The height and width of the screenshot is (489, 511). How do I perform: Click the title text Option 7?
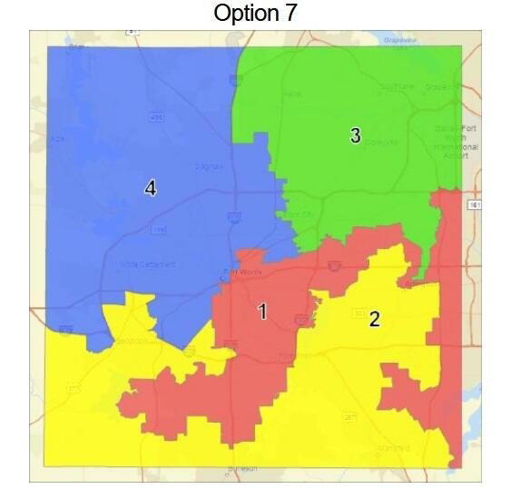tap(255, 15)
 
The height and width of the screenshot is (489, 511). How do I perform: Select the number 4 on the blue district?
tap(151, 188)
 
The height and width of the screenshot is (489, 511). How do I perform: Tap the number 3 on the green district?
tap(355, 135)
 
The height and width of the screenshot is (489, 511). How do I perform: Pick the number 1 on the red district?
tap(262, 312)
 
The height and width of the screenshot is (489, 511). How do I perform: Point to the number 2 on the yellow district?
tap(374, 318)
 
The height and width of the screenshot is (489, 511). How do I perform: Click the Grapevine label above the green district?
tap(400, 40)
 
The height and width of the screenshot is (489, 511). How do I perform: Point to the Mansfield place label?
tap(393, 448)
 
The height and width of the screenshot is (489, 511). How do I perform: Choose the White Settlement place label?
tap(148, 264)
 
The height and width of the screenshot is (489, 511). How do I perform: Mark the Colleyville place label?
tap(380, 142)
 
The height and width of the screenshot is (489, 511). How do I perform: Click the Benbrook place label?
tap(133, 342)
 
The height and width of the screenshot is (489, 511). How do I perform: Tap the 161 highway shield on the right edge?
tap(476, 205)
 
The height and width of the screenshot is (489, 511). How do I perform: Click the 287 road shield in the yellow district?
tap(349, 417)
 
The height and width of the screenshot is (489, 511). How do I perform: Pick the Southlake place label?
tap(396, 86)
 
